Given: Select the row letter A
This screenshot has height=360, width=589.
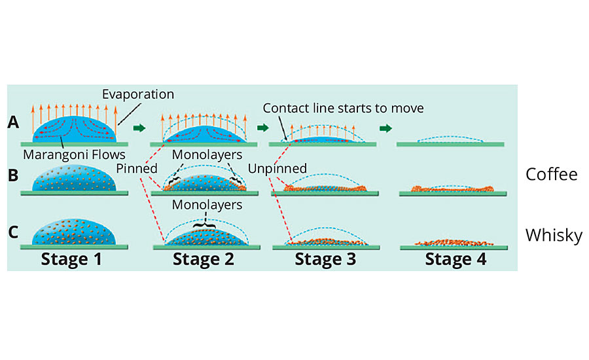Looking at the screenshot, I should (x=12, y=122).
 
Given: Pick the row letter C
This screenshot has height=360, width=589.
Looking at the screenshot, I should (x=12, y=233).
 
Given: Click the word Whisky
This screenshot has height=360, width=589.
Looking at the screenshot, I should (x=553, y=235).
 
